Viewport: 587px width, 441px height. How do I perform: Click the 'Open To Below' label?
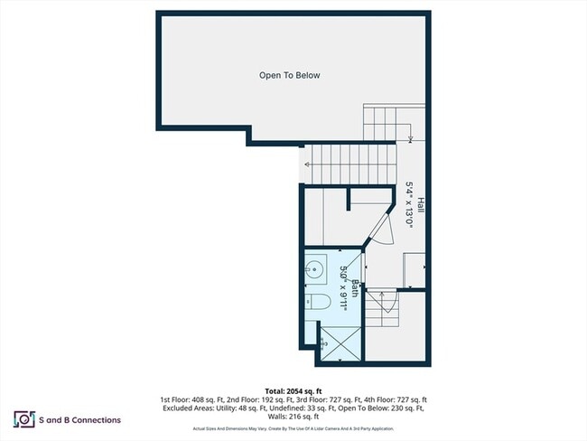click(x=289, y=76)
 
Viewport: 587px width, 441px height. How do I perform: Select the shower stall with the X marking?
click(x=338, y=344)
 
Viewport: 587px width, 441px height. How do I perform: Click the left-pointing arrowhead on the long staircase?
click(x=308, y=164)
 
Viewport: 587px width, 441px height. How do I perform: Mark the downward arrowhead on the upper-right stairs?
click(x=411, y=138)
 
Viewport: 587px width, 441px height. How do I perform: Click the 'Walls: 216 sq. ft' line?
click(x=293, y=417)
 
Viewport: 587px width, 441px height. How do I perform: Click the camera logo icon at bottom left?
click(x=23, y=419)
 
